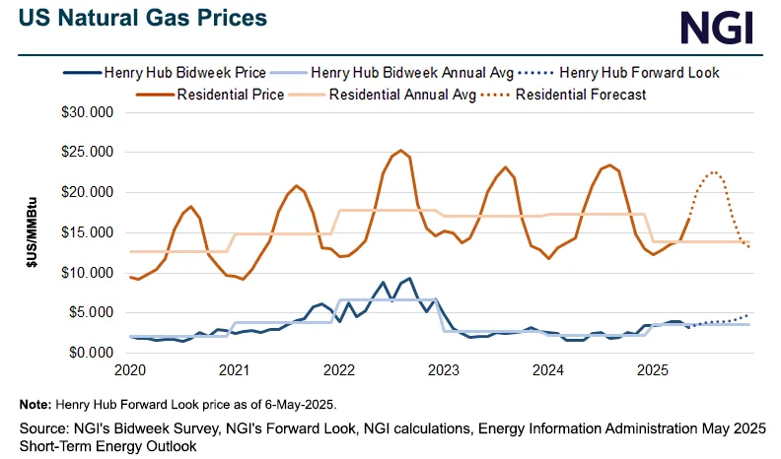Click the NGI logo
coord(716,28)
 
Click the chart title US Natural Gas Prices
coord(143,18)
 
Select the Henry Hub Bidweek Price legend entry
coord(165,73)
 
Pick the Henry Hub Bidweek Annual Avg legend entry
coord(391,73)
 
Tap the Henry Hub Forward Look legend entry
coord(618,73)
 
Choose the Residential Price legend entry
coord(210,95)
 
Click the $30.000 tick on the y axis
coord(87,112)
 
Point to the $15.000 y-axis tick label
coord(87,232)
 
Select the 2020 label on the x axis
coord(130,370)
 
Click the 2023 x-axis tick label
coord(444,370)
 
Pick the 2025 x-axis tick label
coord(653,370)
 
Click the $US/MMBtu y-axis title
coord(33,232)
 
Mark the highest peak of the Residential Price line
coord(401,150)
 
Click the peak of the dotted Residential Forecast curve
coord(714,172)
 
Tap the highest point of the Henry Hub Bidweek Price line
coord(409,279)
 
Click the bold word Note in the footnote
coord(35,404)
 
